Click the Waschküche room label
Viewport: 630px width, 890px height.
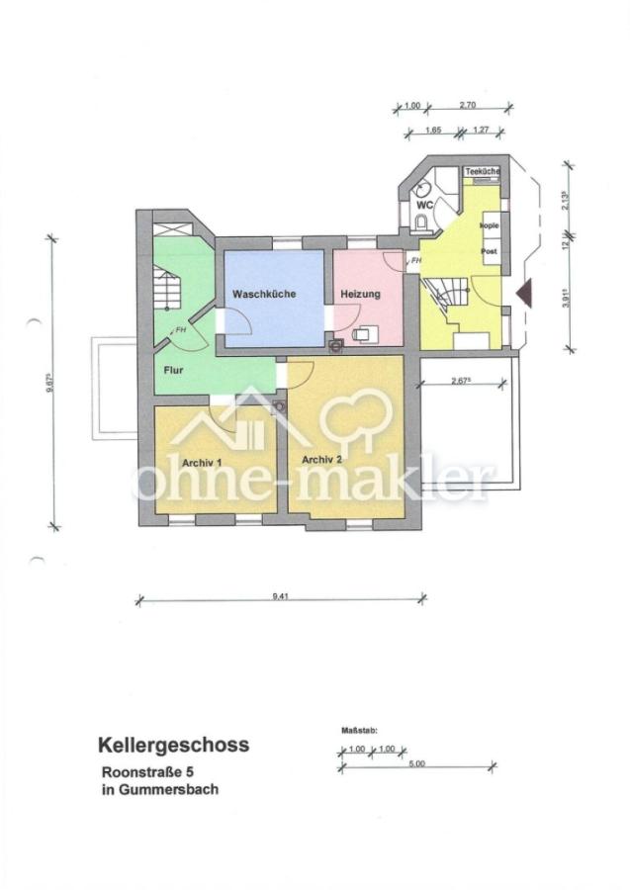pyautogui.click(x=264, y=295)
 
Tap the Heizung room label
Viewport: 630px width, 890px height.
pyautogui.click(x=361, y=295)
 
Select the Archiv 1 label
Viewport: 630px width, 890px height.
pyautogui.click(x=201, y=462)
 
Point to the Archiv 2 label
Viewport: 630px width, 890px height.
pyautogui.click(x=322, y=459)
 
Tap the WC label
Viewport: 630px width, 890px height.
pyautogui.click(x=424, y=205)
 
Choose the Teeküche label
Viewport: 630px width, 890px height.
pyautogui.click(x=483, y=172)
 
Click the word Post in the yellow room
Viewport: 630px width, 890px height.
pyautogui.click(x=489, y=252)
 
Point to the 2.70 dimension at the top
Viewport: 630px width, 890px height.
pyautogui.click(x=469, y=104)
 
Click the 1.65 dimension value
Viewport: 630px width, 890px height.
pyautogui.click(x=432, y=129)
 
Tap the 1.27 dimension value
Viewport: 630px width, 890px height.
pyautogui.click(x=482, y=129)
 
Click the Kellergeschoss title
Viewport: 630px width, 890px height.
pyautogui.click(x=172, y=744)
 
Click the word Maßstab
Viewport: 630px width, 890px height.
pyautogui.click(x=353, y=731)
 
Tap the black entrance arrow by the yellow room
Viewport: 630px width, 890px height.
pyautogui.click(x=525, y=292)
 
